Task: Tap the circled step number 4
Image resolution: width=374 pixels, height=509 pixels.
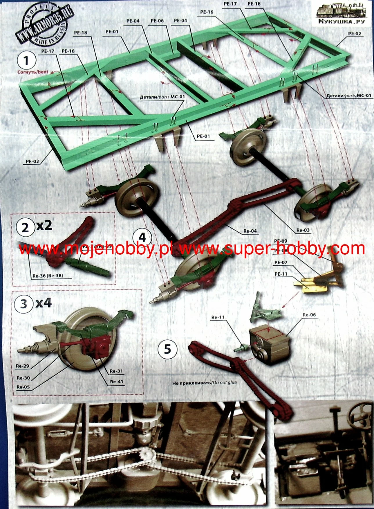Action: (x=142, y=238)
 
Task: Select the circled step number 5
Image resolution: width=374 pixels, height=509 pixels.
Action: (x=167, y=349)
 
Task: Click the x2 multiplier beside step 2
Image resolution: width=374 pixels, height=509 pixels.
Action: (x=44, y=226)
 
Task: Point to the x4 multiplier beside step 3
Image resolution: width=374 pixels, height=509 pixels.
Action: (x=44, y=303)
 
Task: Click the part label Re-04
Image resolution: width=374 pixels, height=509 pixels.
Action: (x=250, y=231)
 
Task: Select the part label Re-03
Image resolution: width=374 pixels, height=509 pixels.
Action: (x=303, y=230)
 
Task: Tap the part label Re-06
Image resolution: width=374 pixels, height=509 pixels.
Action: (x=309, y=315)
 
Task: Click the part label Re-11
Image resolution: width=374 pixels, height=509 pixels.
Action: (x=218, y=317)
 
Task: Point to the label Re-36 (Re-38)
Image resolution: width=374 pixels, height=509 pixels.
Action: (x=48, y=276)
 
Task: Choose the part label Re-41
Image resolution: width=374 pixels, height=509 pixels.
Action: (x=117, y=382)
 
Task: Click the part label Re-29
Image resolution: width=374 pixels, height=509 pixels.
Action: (x=22, y=366)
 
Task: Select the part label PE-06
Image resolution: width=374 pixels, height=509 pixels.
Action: (x=157, y=21)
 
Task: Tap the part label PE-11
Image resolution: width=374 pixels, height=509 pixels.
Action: (x=281, y=274)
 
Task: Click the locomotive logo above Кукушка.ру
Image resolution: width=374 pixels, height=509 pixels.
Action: (x=343, y=11)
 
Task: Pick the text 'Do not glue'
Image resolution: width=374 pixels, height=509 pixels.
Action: (x=224, y=383)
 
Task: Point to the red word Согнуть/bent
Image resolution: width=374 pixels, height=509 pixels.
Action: (x=33, y=72)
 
